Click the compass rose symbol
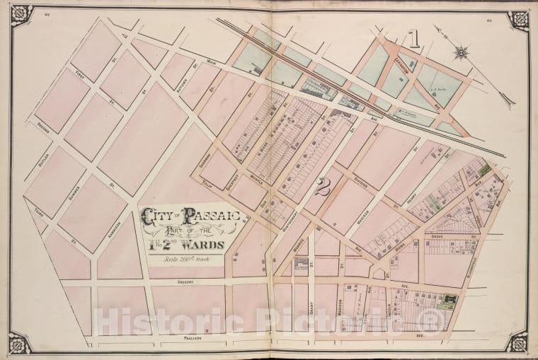[x=462, y=51]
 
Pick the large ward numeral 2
[x=324, y=187]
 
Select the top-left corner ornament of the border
[x=21, y=14]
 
